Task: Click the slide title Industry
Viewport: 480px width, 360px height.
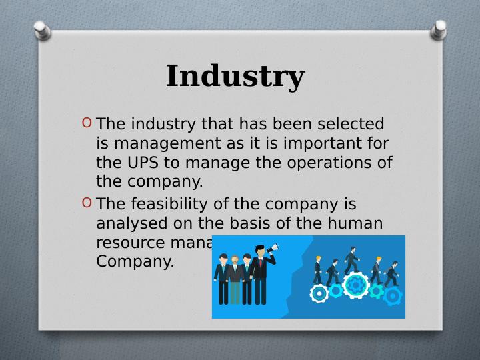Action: [235, 76]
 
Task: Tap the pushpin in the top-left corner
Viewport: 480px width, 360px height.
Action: [41, 28]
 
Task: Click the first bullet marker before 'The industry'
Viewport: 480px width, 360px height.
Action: [87, 123]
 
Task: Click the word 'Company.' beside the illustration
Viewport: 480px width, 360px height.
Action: [135, 261]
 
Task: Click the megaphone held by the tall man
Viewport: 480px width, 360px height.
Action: [272, 251]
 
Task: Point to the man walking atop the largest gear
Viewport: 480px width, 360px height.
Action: [351, 262]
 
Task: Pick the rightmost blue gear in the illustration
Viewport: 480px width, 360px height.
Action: [393, 295]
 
